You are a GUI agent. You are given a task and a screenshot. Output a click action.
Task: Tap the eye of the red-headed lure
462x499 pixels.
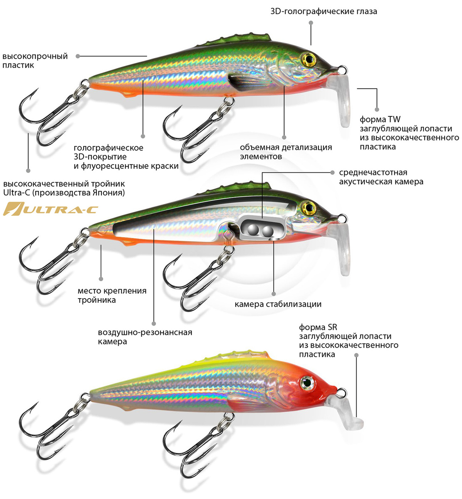coord(308,381)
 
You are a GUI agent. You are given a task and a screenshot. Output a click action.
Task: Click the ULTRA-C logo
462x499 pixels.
coord(50,208)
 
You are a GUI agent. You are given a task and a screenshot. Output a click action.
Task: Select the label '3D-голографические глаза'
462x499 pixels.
coord(324,12)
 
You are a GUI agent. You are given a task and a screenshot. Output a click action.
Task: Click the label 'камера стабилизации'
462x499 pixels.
coord(278,304)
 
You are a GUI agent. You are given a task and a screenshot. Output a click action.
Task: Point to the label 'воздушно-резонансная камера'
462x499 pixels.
coord(145,337)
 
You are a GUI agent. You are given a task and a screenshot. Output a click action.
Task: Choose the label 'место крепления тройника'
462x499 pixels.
coord(112,295)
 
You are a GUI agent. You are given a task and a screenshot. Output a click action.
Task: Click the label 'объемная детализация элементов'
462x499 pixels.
coord(286,152)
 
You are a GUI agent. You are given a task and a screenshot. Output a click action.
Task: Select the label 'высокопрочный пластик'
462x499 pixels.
coord(35,61)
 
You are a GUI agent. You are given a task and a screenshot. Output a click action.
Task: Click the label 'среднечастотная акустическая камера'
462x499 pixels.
coord(381,177)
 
